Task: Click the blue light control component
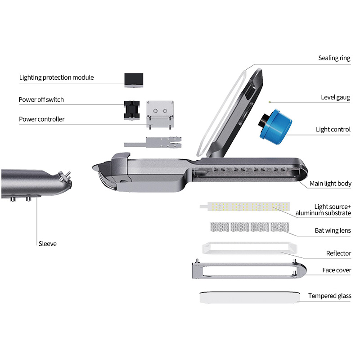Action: click(x=275, y=127)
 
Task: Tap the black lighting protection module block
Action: click(x=134, y=81)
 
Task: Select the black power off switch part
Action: click(x=131, y=110)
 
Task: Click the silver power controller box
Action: click(x=160, y=114)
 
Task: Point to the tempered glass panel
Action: click(x=250, y=297)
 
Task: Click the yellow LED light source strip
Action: click(x=245, y=207)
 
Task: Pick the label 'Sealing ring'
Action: click(x=334, y=58)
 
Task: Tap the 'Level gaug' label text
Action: click(x=335, y=98)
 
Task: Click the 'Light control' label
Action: click(x=333, y=130)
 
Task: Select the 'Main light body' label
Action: click(x=330, y=184)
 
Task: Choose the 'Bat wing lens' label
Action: click(x=333, y=230)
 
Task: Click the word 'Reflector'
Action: click(x=338, y=253)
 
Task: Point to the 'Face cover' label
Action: click(x=337, y=270)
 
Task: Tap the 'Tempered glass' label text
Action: click(x=330, y=296)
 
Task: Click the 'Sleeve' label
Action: click(x=48, y=243)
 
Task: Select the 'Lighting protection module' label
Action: click(x=57, y=77)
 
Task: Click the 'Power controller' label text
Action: click(x=42, y=119)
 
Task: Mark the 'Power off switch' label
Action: click(x=41, y=99)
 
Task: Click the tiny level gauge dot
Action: click(x=270, y=102)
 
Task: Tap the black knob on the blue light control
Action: click(x=262, y=120)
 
